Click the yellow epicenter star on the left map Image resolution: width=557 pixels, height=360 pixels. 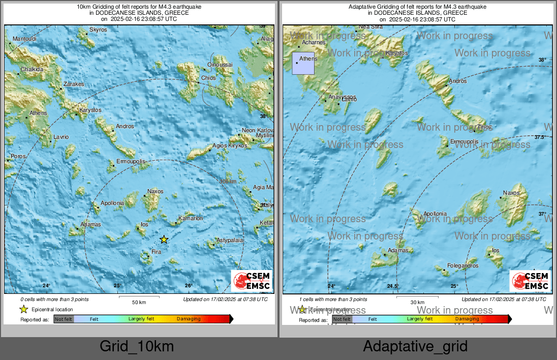pyautogui.click(x=164, y=239)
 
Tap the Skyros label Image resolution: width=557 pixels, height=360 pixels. pyautogui.click(x=98, y=30)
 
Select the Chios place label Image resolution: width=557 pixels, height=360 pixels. pyautogui.click(x=208, y=78)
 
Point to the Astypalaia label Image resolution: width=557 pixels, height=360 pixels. pyautogui.click(x=230, y=240)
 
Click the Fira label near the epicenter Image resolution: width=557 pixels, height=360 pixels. pyautogui.click(x=157, y=252)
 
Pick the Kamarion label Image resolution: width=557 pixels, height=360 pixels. pyautogui.click(x=191, y=218)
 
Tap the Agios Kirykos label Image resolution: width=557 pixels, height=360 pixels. pyautogui.click(x=230, y=146)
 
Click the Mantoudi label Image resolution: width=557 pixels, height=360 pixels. pyautogui.click(x=24, y=39)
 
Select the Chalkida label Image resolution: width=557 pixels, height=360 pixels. pyautogui.click(x=32, y=69)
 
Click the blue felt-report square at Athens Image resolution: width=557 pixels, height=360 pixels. pyautogui.click(x=303, y=63)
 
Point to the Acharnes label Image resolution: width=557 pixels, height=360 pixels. pyautogui.click(x=314, y=43)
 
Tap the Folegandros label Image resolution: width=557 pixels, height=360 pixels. pyautogui.click(x=462, y=265)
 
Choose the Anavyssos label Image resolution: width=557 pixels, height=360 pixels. pyautogui.click(x=342, y=97)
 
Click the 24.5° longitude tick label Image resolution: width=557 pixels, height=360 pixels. pyautogui.click(x=393, y=286)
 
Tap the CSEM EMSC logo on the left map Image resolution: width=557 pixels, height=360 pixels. pyautogui.click(x=252, y=281)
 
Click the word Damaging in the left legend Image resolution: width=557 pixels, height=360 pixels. pyautogui.click(x=189, y=319)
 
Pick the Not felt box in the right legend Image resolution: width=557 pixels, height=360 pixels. pyautogui.click(x=342, y=319)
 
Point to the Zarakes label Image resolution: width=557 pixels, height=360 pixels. pyautogui.click(x=74, y=84)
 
